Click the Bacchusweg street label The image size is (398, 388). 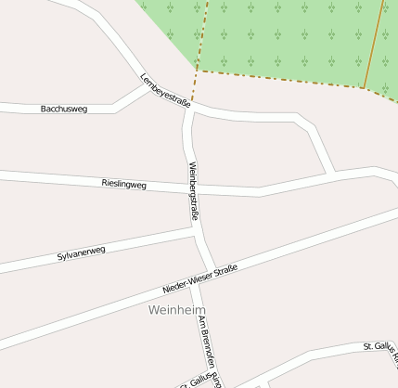64,109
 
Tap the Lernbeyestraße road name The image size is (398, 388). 164,91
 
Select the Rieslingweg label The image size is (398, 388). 124,185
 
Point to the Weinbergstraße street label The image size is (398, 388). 194,190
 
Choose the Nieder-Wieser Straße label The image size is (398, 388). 200,278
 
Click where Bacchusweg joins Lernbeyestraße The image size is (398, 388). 148,87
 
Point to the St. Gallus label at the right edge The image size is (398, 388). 381,348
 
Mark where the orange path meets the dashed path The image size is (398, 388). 363,88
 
